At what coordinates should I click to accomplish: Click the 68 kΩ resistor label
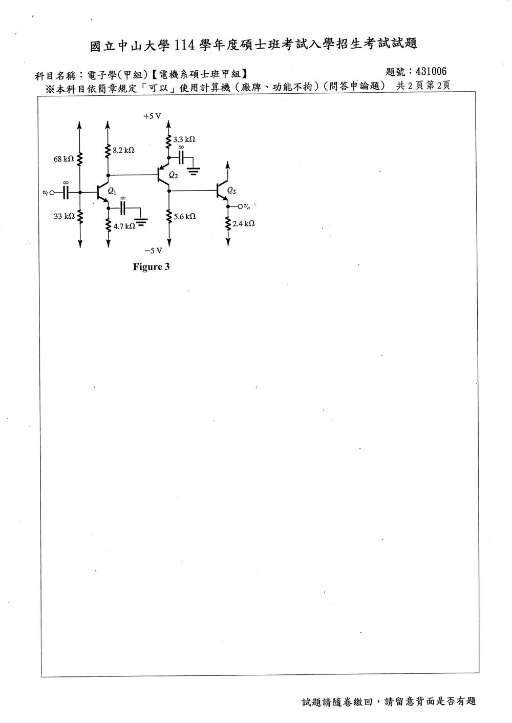click(63, 159)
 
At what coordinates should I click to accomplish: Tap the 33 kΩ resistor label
click(64, 216)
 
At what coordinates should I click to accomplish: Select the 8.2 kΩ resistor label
click(123, 151)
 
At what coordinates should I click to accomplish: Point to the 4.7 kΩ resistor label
click(124, 226)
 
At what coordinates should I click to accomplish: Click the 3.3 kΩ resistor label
click(184, 139)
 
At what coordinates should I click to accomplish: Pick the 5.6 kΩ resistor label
click(184, 217)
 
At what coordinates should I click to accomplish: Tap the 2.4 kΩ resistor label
click(243, 224)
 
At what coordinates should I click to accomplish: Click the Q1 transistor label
click(112, 192)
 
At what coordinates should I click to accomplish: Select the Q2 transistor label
click(174, 175)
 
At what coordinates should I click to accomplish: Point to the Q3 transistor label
click(231, 191)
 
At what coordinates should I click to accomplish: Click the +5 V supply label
click(152, 116)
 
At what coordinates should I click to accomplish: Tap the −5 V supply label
click(153, 251)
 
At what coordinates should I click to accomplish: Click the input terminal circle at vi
click(53, 193)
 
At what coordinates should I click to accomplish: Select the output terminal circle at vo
click(240, 206)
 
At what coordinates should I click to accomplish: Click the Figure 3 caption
click(151, 267)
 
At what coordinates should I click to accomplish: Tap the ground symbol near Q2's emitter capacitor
click(194, 171)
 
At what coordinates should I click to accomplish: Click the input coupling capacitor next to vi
click(66, 193)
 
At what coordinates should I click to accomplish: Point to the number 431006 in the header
click(431, 71)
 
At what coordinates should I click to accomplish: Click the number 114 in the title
click(184, 45)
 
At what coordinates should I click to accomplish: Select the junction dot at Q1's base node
click(80, 193)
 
